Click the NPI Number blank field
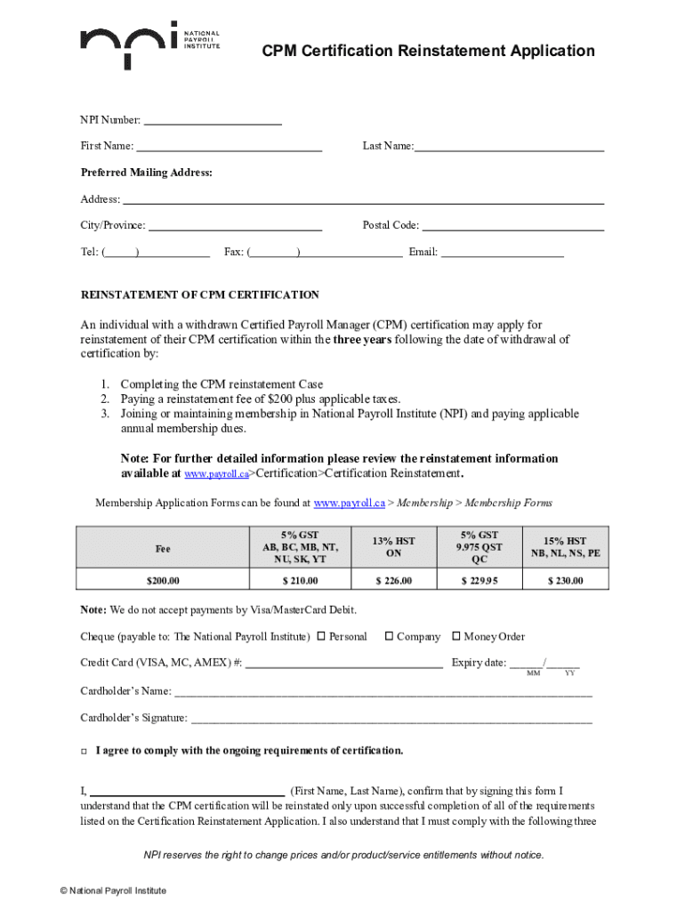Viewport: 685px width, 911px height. [x=213, y=120]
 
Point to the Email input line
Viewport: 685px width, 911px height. [x=503, y=253]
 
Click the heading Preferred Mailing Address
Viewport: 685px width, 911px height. [x=147, y=173]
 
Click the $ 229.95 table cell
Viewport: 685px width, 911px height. [x=479, y=581]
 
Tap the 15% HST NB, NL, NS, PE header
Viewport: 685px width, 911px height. [x=566, y=547]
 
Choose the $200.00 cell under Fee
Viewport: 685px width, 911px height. [x=163, y=581]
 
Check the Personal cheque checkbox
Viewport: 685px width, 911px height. [x=321, y=636]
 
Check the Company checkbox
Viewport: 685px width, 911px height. [x=389, y=636]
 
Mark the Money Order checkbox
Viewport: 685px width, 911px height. [x=456, y=636]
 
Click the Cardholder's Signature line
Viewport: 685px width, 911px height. [x=391, y=719]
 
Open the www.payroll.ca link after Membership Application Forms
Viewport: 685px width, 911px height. [x=349, y=504]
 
